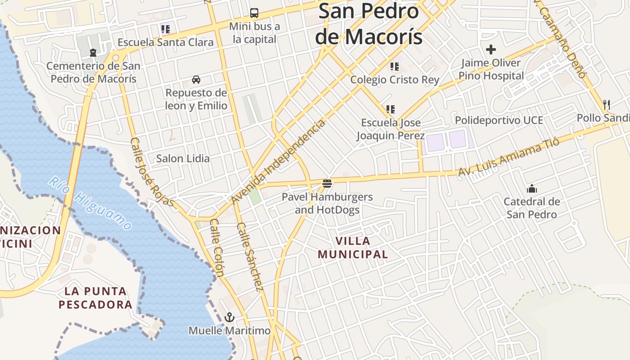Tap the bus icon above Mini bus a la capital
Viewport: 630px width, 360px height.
tap(254, 13)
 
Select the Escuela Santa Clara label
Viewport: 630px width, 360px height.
tap(165, 42)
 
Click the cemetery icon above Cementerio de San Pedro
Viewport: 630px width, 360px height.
tap(93, 53)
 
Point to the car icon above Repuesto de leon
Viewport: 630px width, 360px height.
tap(196, 80)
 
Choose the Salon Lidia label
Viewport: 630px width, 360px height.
tap(183, 158)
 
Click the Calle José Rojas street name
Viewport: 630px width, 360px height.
tap(152, 172)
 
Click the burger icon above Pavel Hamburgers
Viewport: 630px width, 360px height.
tap(327, 184)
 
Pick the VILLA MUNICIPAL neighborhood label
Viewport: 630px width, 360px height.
tap(353, 247)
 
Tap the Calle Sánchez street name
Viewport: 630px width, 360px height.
tap(250, 256)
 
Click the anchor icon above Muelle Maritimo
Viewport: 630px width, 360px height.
tap(229, 317)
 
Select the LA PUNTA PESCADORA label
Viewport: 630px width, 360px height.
tap(95, 297)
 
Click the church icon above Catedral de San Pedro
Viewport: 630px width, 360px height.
tap(532, 188)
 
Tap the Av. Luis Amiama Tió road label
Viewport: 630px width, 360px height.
tap(508, 157)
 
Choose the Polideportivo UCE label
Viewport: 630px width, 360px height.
tap(499, 120)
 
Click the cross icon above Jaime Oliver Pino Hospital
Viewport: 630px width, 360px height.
tap(491, 49)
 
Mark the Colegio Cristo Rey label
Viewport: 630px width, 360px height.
tap(395, 80)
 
